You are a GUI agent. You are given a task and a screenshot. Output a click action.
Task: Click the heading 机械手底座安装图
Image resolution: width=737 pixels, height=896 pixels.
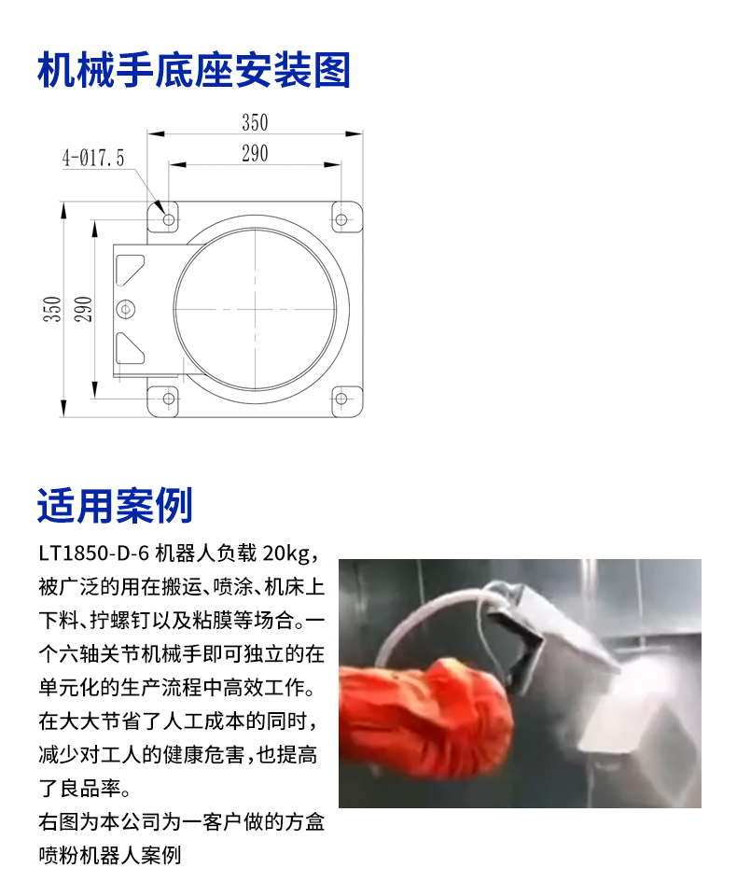pos(194,70)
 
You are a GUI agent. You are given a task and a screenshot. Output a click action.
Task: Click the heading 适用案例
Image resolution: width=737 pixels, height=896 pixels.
pos(115,505)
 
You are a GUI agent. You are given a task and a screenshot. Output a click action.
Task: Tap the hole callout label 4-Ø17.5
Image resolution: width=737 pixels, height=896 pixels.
pos(93,158)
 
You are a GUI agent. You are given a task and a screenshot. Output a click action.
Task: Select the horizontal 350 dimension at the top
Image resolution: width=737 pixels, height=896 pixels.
pos(255,123)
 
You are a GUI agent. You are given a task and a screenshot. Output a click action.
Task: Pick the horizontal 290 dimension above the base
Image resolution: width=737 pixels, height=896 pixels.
pos(255,154)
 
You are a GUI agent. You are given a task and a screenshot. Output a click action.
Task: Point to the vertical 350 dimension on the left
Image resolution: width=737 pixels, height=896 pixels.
pos(52,309)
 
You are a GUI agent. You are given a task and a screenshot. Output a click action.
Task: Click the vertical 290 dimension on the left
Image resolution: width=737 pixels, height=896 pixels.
pos(83,309)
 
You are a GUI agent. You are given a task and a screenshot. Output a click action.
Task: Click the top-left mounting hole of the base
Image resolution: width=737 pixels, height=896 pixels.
pos(169,219)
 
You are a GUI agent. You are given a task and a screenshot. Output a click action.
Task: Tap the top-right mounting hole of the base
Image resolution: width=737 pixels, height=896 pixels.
pos(341,219)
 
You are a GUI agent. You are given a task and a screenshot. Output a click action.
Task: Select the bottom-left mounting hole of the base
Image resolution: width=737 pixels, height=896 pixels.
pos(169,399)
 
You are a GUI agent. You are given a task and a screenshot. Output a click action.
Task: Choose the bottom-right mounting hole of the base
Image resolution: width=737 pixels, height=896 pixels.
pos(341,399)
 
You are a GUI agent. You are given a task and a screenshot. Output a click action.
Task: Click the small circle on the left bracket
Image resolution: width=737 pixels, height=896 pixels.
pos(126,309)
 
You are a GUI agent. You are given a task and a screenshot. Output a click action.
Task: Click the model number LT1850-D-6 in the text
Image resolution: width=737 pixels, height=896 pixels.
pos(93,553)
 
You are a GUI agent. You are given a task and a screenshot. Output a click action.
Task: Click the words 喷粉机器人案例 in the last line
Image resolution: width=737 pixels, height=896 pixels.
pos(110,856)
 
